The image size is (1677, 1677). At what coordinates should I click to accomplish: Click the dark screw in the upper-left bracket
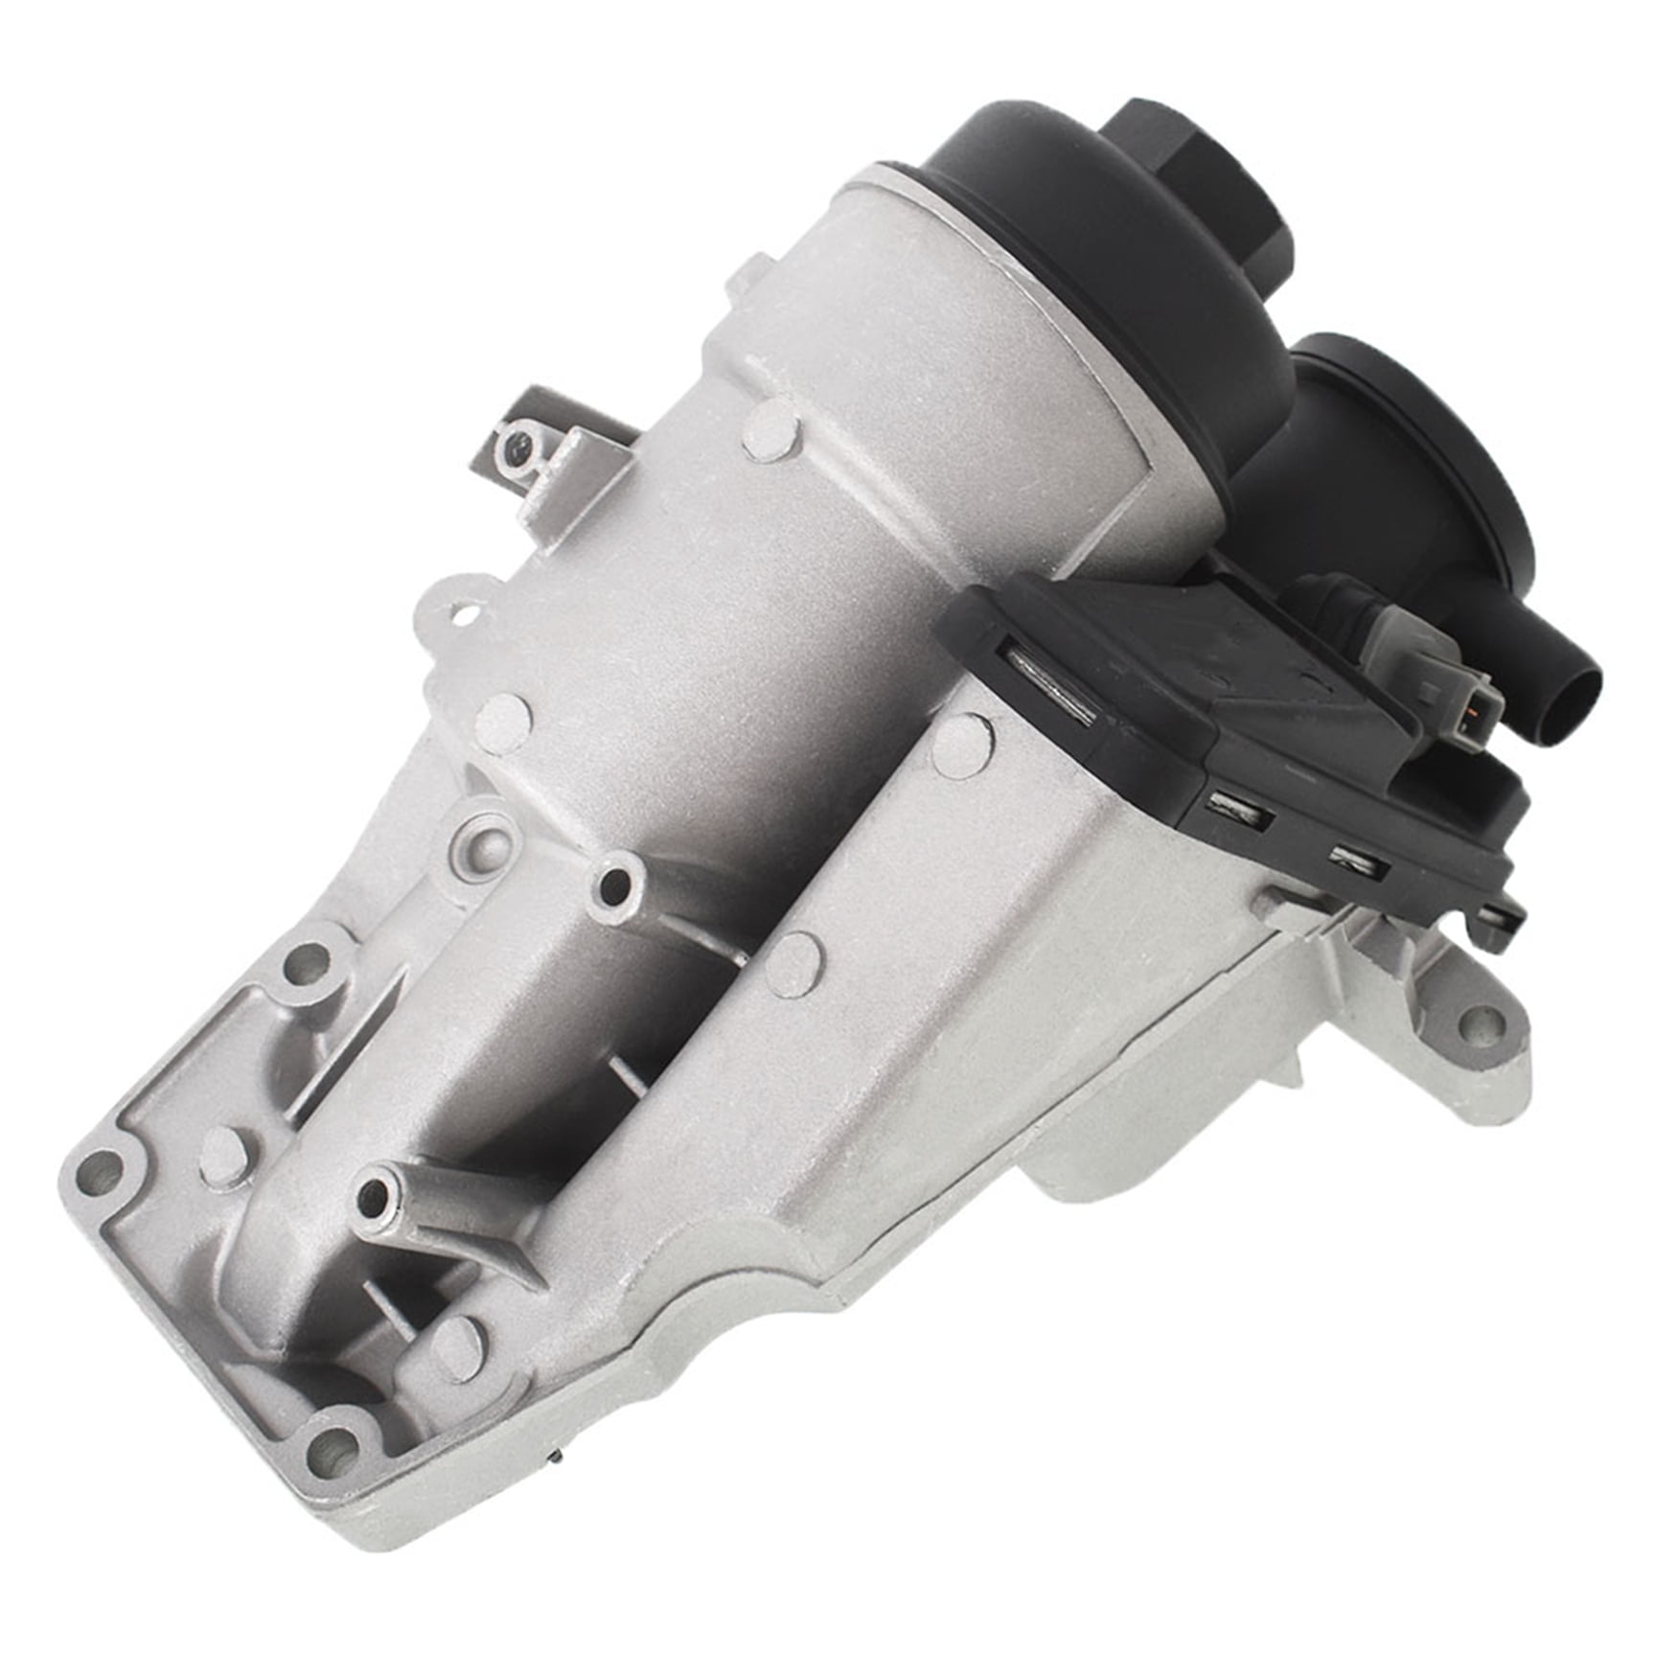click(x=518, y=445)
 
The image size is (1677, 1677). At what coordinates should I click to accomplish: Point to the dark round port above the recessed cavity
click(x=614, y=886)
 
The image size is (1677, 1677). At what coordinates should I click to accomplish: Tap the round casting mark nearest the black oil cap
click(x=770, y=432)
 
